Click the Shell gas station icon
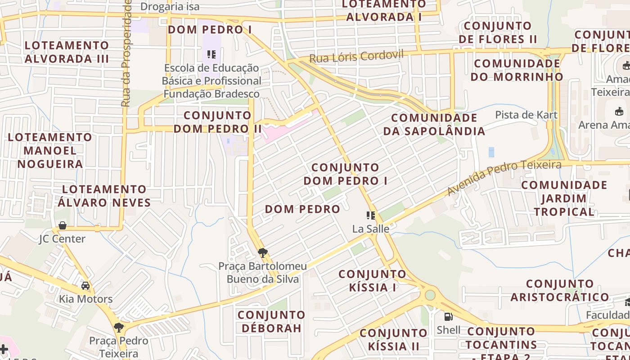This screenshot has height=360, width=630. [448, 316]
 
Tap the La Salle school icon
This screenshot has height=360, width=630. [371, 216]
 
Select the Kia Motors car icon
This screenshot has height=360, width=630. [85, 286]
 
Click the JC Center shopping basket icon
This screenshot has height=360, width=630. [63, 225]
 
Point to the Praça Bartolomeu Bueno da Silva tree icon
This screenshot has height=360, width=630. [263, 253]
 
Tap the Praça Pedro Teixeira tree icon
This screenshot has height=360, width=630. [119, 327]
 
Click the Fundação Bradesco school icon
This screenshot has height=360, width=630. [211, 55]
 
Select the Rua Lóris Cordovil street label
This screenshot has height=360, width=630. [356, 56]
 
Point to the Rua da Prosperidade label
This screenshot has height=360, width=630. [126, 53]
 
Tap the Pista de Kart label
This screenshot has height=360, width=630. [526, 115]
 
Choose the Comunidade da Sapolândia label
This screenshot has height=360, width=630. [434, 124]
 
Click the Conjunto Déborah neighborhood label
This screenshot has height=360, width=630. [271, 321]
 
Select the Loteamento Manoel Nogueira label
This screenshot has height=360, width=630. [50, 150]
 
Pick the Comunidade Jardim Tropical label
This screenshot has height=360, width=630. [564, 198]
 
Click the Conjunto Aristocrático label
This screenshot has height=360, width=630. [560, 290]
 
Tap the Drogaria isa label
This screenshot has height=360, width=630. [170, 6]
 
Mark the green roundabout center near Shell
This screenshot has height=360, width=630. [430, 295]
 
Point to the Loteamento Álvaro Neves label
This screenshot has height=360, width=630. [104, 196]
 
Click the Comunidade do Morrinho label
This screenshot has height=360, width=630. [517, 70]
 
